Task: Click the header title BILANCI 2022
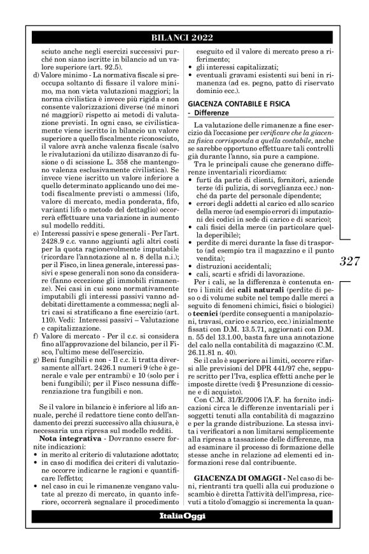[x=184, y=34]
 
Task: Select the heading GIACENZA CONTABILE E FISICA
[x=235, y=103]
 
